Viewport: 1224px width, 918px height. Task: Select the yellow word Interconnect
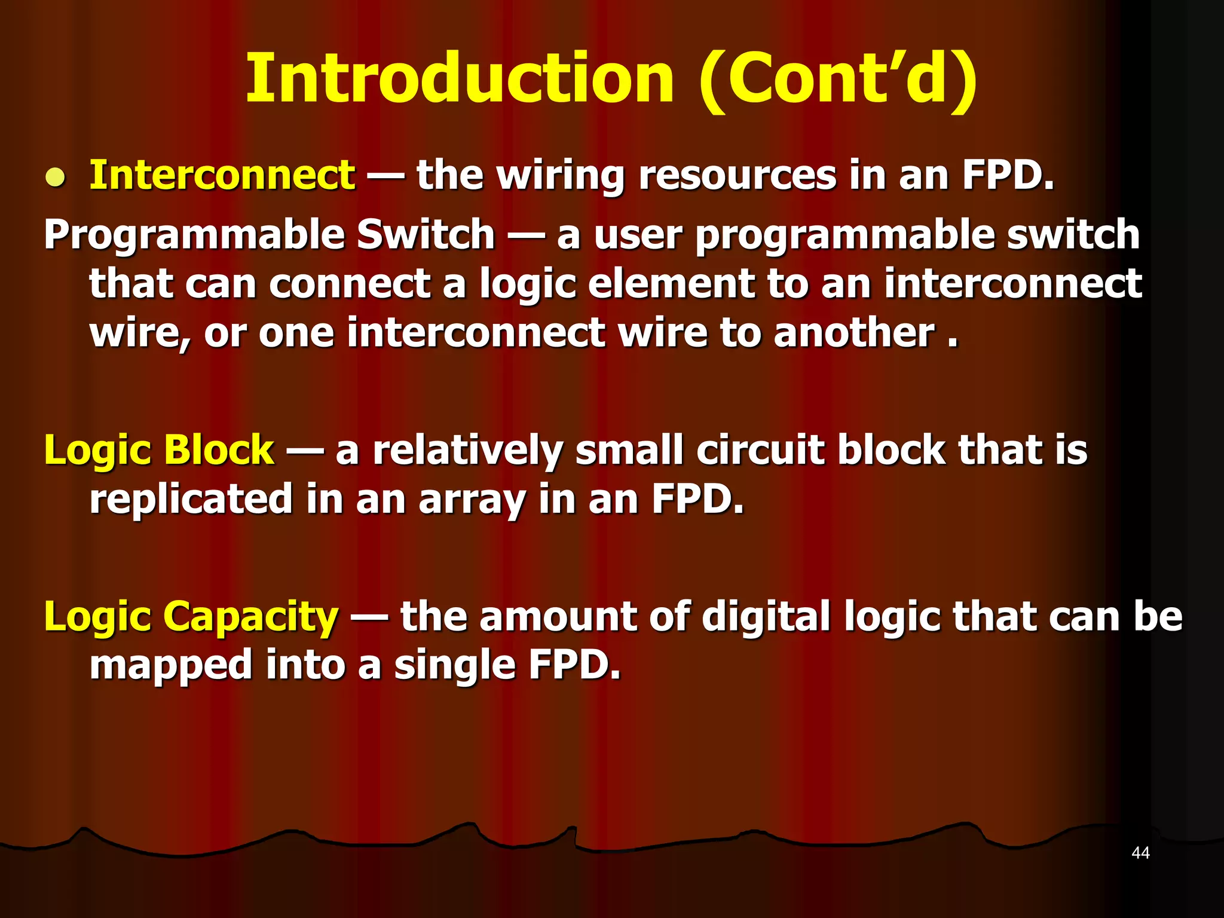(222, 176)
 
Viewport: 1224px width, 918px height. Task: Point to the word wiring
(561, 177)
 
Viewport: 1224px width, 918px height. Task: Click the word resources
(738, 176)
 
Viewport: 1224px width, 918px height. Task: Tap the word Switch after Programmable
(426, 234)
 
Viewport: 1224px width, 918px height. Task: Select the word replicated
(191, 500)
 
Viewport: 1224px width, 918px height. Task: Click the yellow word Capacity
(251, 617)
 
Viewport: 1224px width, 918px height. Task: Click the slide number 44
(1140, 853)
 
